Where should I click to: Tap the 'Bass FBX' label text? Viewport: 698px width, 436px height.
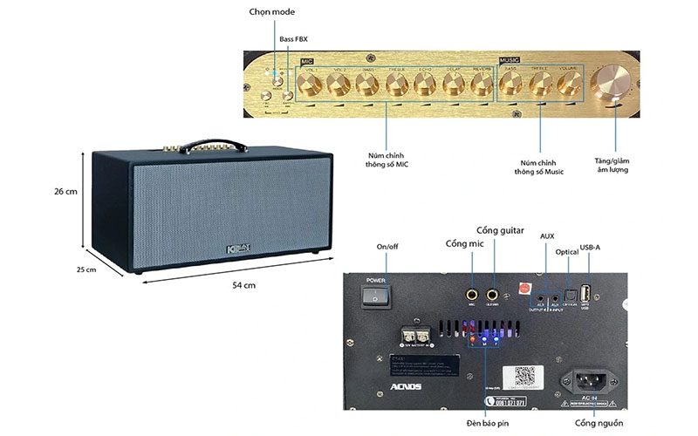click(x=293, y=39)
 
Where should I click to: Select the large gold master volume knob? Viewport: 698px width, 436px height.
click(x=610, y=85)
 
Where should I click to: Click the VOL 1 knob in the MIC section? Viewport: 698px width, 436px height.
click(x=311, y=84)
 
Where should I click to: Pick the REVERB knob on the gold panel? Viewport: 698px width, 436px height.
click(x=483, y=84)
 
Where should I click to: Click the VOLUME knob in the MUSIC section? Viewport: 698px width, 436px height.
click(x=570, y=84)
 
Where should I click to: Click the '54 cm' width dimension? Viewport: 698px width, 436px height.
click(x=243, y=285)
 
